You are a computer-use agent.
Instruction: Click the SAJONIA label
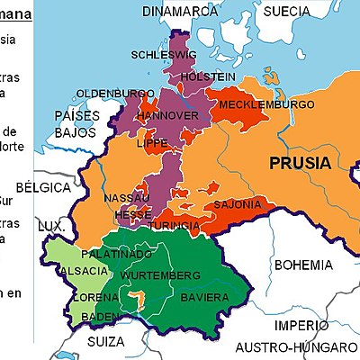pos(237,204)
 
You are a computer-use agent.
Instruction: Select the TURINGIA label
pos(175,223)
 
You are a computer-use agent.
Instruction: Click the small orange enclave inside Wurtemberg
pos(136,296)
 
